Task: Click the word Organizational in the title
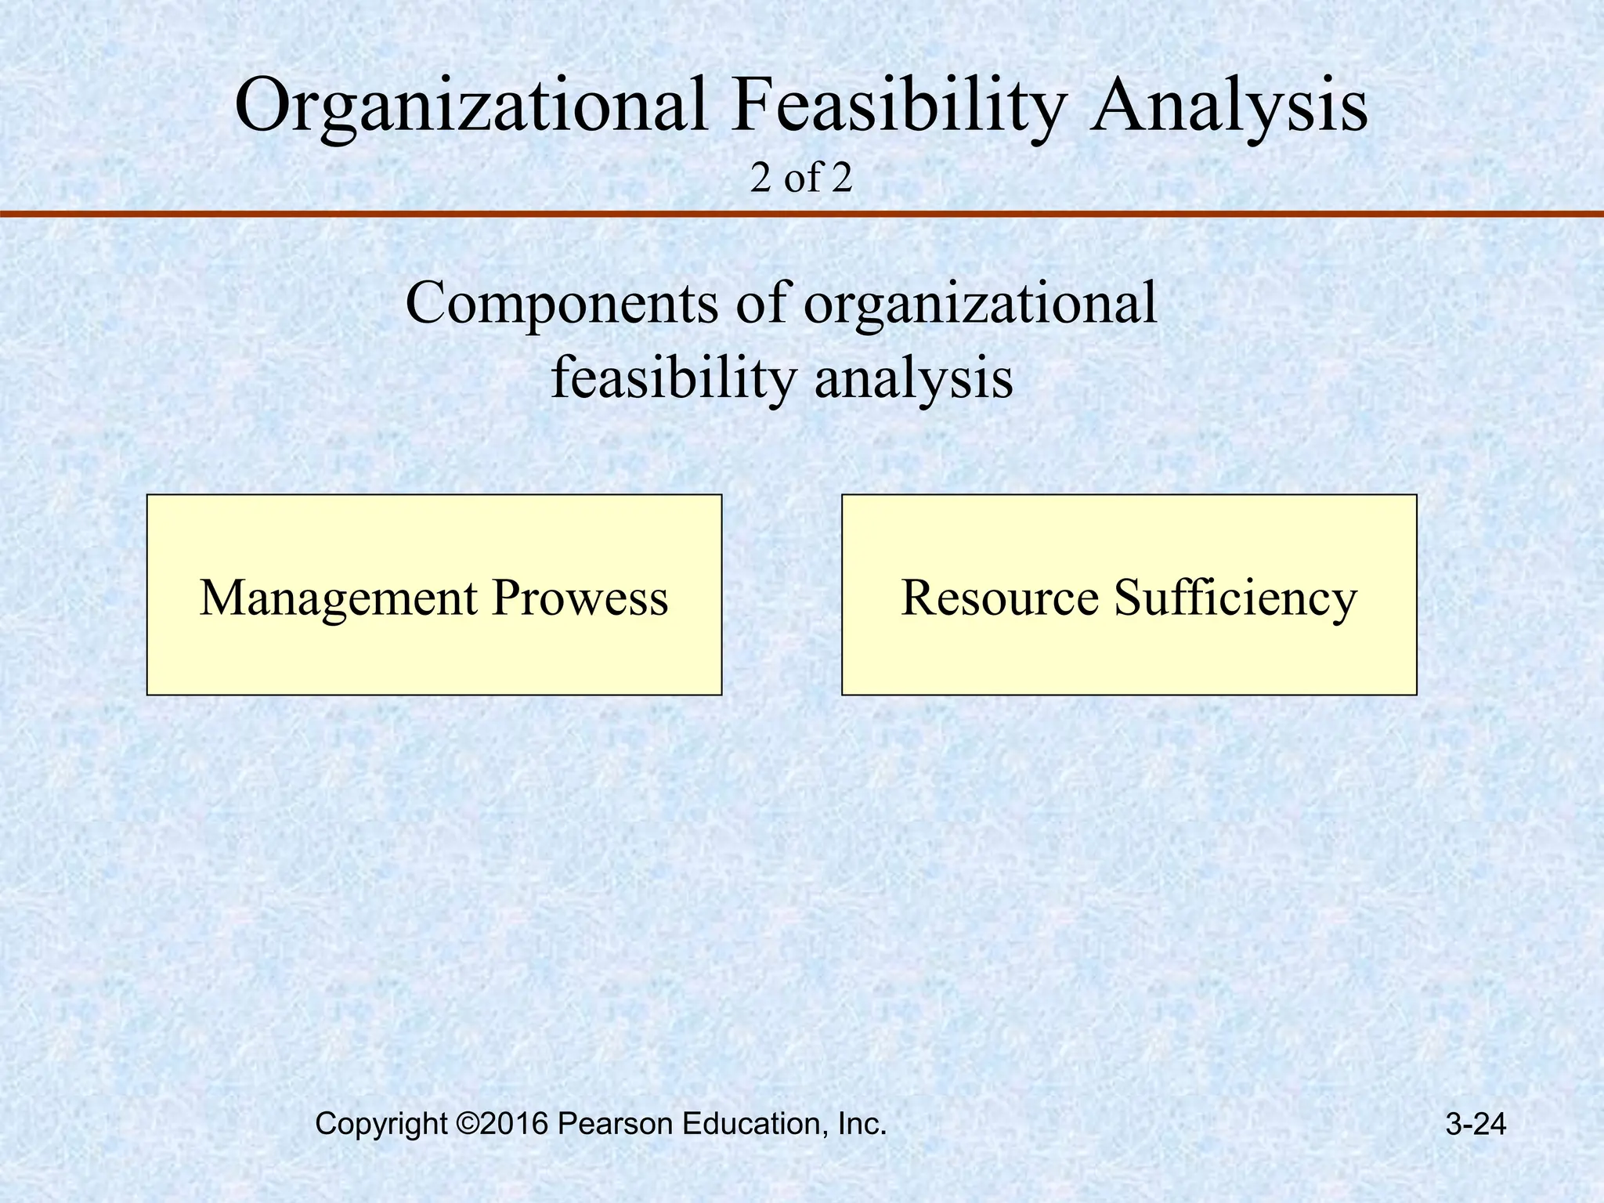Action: (x=470, y=106)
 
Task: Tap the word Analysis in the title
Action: (x=1230, y=106)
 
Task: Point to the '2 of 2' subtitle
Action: (x=800, y=179)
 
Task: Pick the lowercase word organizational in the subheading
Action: (x=980, y=303)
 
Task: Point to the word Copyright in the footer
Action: (x=381, y=1125)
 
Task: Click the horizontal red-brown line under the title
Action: (x=802, y=213)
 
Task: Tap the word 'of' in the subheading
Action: (x=760, y=303)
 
